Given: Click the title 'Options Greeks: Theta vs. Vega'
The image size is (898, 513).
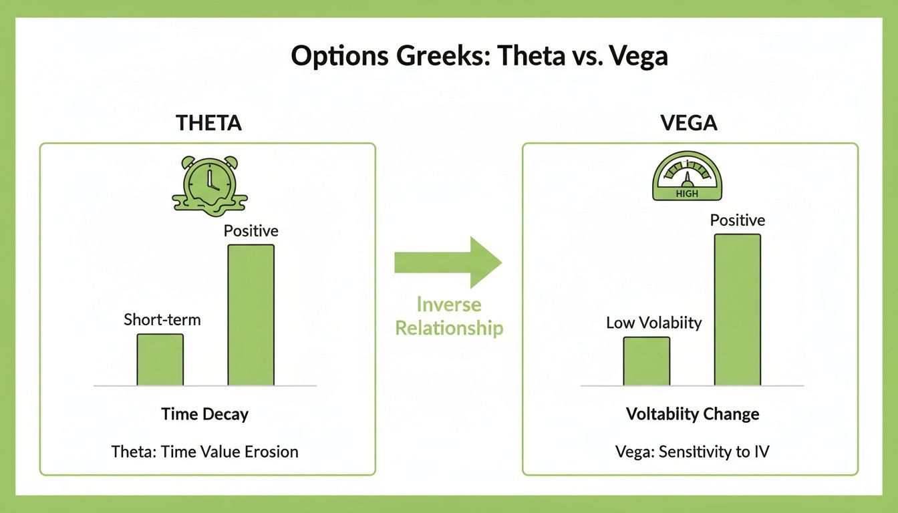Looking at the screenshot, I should click(479, 56).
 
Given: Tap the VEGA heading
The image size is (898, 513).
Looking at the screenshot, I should click(690, 123).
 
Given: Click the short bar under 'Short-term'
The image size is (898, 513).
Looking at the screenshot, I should click(160, 360).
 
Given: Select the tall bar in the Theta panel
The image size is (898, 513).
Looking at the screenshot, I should click(251, 315).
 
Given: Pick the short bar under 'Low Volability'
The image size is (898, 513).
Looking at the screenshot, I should click(646, 361).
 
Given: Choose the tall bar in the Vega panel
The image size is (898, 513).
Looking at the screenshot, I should click(737, 310).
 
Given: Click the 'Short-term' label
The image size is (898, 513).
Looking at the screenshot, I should click(162, 320).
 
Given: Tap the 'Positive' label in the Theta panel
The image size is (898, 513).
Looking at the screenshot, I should click(251, 231).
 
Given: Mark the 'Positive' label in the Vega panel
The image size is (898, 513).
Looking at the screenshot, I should click(738, 220).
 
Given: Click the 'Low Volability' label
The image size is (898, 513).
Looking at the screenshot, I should click(653, 323).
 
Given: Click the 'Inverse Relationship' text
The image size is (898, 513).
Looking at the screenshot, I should click(449, 316).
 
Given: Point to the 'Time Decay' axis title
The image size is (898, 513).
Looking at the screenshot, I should click(204, 414).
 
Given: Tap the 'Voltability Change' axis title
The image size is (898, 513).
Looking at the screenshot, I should click(692, 414).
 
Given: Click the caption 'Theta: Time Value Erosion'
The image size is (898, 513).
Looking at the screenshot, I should click(204, 452).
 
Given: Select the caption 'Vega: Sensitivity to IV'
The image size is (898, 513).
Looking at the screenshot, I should click(692, 452).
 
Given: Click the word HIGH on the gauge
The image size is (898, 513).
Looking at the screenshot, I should click(686, 194).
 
